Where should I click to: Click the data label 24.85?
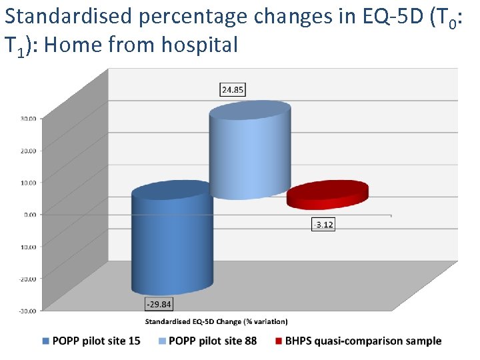pos(233,89)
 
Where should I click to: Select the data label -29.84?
pos(158,304)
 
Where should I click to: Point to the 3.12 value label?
pos(323,225)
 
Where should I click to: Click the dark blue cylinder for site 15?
pos(171,240)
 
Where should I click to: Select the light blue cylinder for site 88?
pos(250,153)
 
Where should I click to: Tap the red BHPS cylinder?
pos(327,195)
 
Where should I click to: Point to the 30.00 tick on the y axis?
pos(28,119)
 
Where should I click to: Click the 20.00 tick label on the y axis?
pos(28,151)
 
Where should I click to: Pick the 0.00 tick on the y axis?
pos(30,214)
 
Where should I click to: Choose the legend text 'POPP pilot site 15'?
pos(96,341)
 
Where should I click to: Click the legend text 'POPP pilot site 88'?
pos(213,341)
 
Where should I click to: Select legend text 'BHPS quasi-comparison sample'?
pos(363,341)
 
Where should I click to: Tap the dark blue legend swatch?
pos(45,341)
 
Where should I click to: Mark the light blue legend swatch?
pos(162,341)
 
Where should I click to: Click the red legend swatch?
pos(279,341)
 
